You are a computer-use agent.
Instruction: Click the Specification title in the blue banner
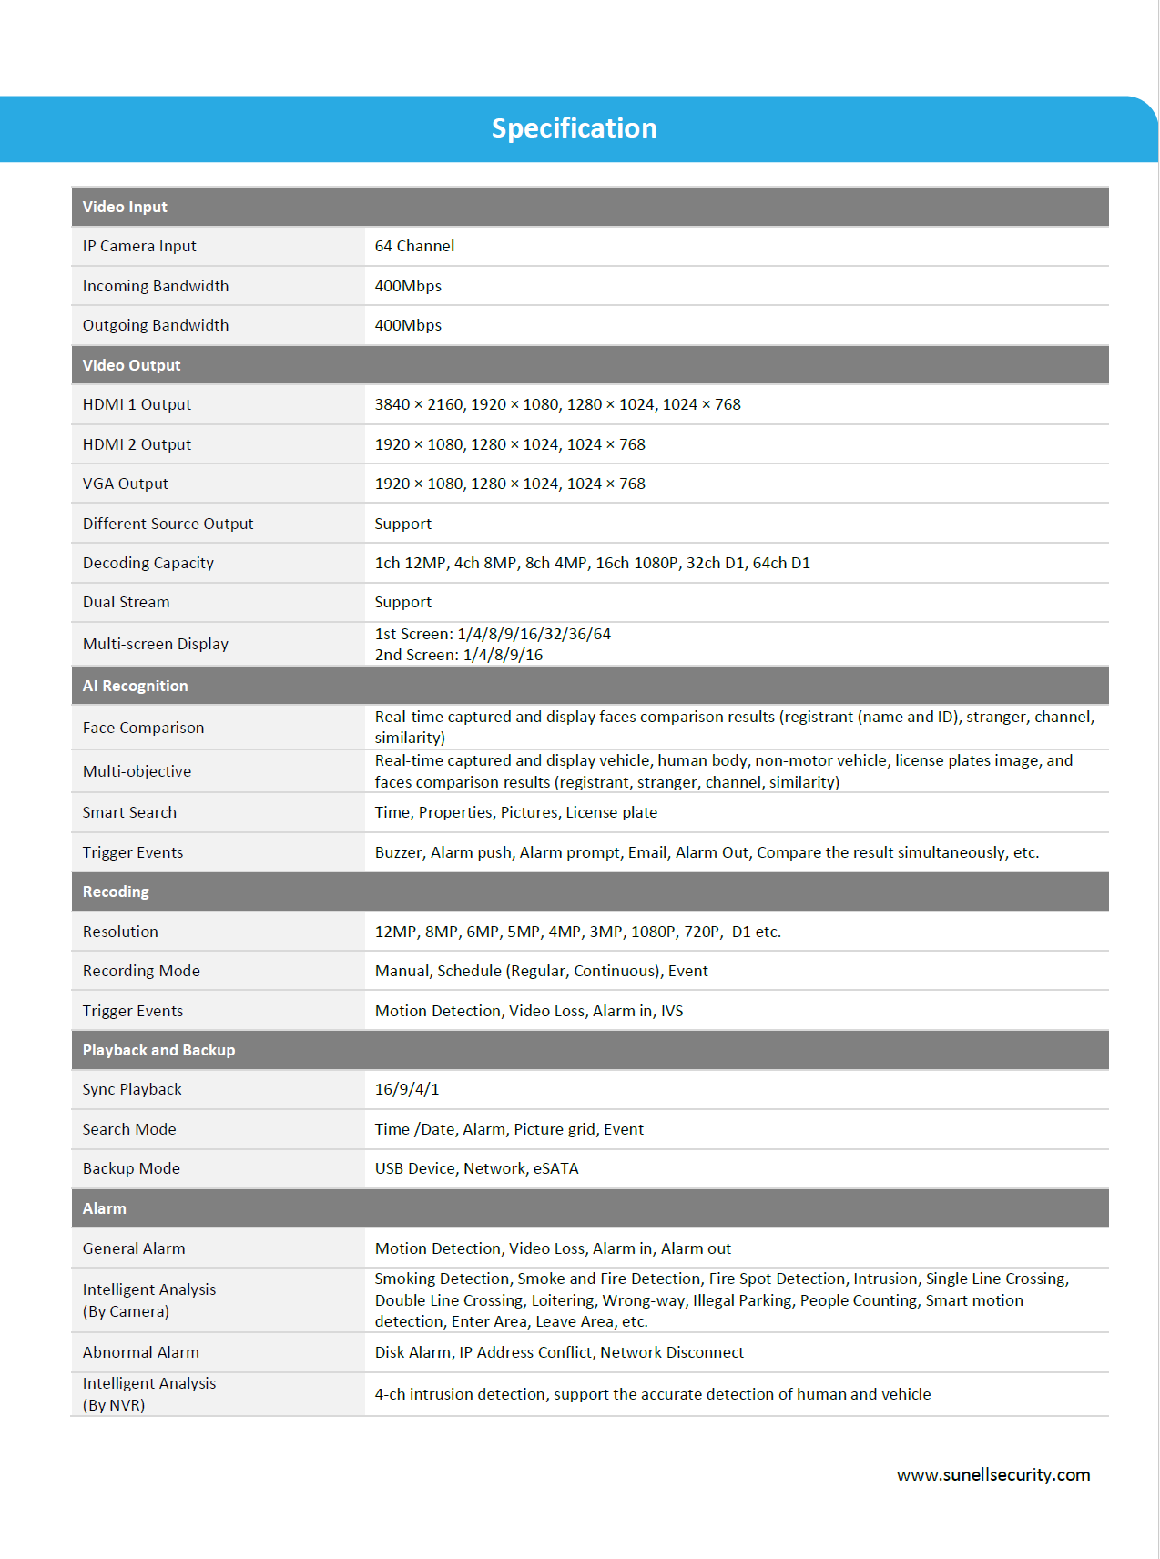[574, 128]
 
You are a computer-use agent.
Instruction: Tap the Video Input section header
[125, 207]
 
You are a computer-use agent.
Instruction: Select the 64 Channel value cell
[414, 246]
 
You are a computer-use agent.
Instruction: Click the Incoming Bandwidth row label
[156, 286]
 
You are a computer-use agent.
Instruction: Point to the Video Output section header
[131, 365]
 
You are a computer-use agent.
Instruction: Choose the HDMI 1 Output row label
[137, 404]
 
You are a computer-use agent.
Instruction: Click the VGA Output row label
[126, 484]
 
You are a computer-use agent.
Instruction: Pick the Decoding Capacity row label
[148, 563]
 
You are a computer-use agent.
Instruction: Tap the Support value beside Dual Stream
[403, 602]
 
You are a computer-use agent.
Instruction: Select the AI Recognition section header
[135, 686]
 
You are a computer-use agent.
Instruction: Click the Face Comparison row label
[143, 728]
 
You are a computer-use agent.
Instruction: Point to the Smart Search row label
[129, 812]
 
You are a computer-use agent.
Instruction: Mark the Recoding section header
[116, 892]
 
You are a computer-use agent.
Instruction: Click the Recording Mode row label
[141, 971]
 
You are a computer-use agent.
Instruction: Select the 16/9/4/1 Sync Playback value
[407, 1089]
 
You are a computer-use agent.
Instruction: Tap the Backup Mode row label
[131, 1168]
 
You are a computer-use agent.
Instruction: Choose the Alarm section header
[105, 1208]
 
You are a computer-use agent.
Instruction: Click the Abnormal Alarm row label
[141, 1352]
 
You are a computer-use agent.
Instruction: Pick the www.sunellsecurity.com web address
[992, 1474]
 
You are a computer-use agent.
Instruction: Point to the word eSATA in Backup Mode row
[555, 1168]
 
